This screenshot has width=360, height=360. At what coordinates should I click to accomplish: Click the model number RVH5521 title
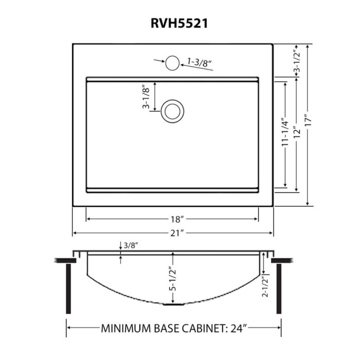179,23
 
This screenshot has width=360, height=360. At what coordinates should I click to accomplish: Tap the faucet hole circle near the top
172,63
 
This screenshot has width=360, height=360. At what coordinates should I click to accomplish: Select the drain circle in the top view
172,111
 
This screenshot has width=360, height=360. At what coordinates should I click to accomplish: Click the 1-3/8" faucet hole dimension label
200,63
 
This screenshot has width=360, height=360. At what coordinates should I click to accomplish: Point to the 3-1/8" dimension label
146,97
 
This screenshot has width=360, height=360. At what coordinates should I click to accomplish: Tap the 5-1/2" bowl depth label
172,279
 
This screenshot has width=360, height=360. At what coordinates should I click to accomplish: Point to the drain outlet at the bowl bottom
172,304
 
